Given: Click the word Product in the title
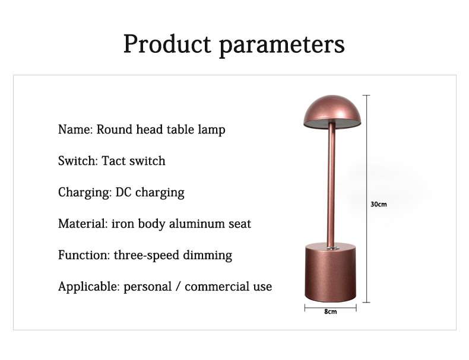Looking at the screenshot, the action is click(x=167, y=44).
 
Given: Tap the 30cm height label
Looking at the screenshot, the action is click(x=379, y=205).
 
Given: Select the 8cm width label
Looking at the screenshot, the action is click(x=331, y=311).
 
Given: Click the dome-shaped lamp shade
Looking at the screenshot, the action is click(x=332, y=110).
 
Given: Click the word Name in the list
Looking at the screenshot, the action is click(x=75, y=129).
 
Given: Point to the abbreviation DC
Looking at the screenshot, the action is click(x=123, y=192).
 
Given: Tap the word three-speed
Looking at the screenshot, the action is click(x=146, y=256).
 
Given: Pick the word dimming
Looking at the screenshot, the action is click(x=207, y=256).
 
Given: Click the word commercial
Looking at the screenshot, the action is click(x=217, y=287).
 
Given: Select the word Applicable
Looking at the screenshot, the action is click(x=89, y=287).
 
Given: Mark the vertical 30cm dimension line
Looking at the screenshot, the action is click(x=366, y=199).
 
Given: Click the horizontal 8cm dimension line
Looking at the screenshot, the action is click(x=331, y=307).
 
